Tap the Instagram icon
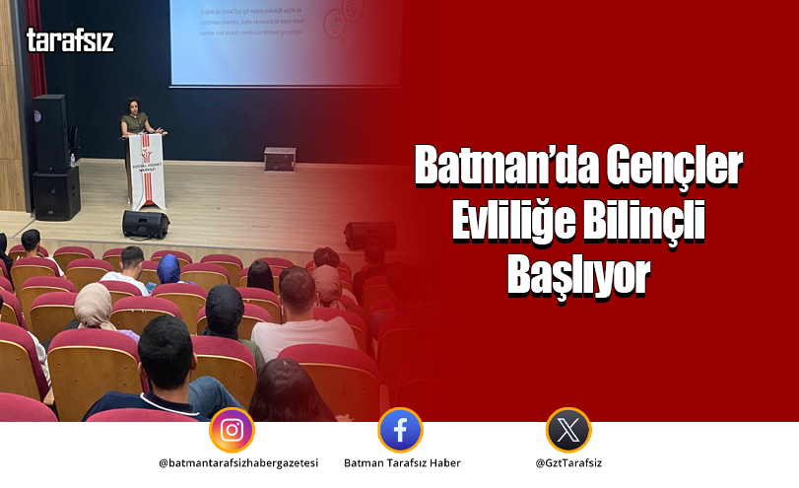pyautogui.click(x=232, y=430)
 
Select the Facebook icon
pyautogui.click(x=400, y=430)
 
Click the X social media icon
pyautogui.click(x=568, y=430)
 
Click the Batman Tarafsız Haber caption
pyautogui.click(x=402, y=462)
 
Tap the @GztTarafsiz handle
pyautogui.click(x=568, y=462)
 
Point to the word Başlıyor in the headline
pyautogui.click(x=579, y=277)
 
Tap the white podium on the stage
pyautogui.click(x=147, y=170)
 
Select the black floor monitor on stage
pyautogui.click(x=146, y=224)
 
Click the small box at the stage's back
pyautogui.click(x=280, y=158)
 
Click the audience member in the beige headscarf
pyautogui.click(x=94, y=308)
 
